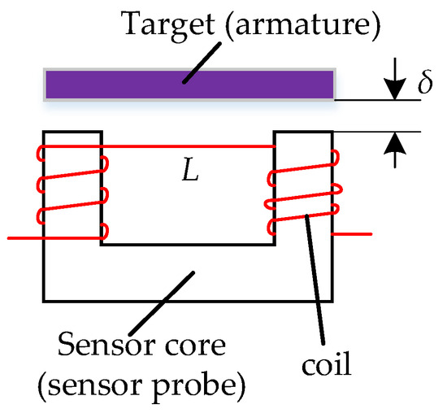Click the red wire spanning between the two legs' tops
pos(187,146)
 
